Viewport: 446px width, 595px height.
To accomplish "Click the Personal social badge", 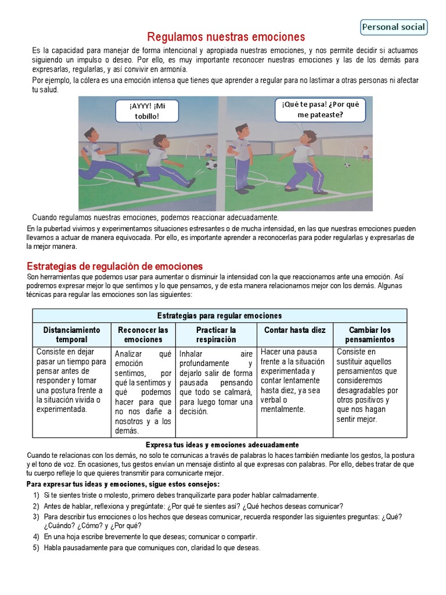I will click(x=394, y=27).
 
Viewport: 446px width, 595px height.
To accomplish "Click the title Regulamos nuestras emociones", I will click(x=226, y=37).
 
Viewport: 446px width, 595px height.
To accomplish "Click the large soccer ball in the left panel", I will click(x=211, y=164).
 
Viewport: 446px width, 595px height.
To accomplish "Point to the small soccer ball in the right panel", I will click(x=347, y=164).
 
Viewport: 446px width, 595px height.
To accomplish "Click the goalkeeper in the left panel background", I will click(x=208, y=152).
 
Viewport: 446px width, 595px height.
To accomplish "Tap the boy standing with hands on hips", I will click(x=240, y=157).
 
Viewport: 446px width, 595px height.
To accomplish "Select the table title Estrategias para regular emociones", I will click(x=220, y=316).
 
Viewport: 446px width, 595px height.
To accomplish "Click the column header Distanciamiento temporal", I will click(x=71, y=334).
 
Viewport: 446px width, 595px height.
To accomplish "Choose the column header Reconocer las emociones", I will click(x=143, y=334).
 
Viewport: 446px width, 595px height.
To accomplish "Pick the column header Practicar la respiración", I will click(x=216, y=334).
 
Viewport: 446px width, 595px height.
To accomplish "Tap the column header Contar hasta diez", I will click(x=294, y=330).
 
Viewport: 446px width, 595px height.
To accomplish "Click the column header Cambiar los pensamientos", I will click(x=369, y=334).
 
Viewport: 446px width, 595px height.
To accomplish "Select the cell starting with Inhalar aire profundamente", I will click(x=215, y=382).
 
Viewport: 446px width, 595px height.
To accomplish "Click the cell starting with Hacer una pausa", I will click(x=294, y=381).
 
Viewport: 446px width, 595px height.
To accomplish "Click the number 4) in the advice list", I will click(x=36, y=537).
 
